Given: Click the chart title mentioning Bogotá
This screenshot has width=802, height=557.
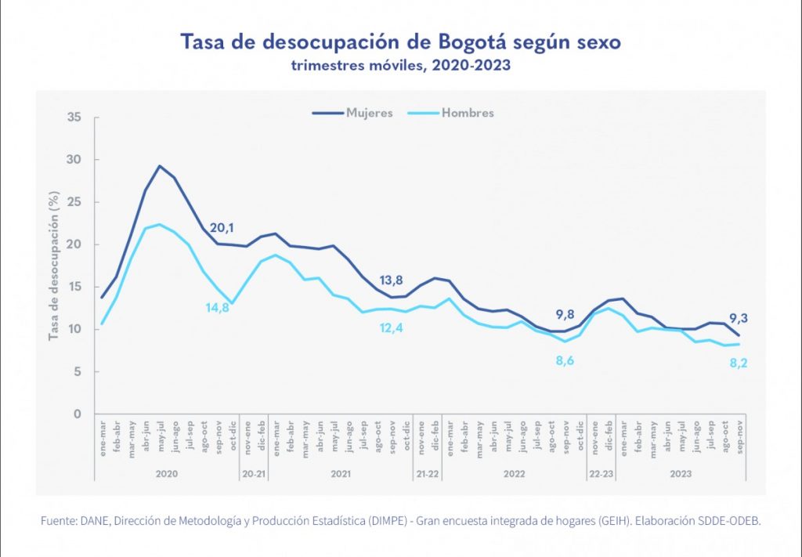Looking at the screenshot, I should [400, 42].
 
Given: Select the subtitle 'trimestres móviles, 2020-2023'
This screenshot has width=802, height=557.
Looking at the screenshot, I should [400, 65].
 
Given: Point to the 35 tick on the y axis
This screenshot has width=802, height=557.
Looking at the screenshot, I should [74, 118].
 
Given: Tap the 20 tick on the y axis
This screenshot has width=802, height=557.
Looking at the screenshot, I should [74, 244].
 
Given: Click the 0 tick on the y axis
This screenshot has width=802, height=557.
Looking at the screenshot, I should [78, 414].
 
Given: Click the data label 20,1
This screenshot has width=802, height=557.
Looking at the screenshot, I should [222, 228].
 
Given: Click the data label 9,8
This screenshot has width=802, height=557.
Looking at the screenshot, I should [566, 316].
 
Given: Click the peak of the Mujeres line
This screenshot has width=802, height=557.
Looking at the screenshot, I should [159, 166].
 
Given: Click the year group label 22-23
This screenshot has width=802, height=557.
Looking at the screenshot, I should [601, 475].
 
